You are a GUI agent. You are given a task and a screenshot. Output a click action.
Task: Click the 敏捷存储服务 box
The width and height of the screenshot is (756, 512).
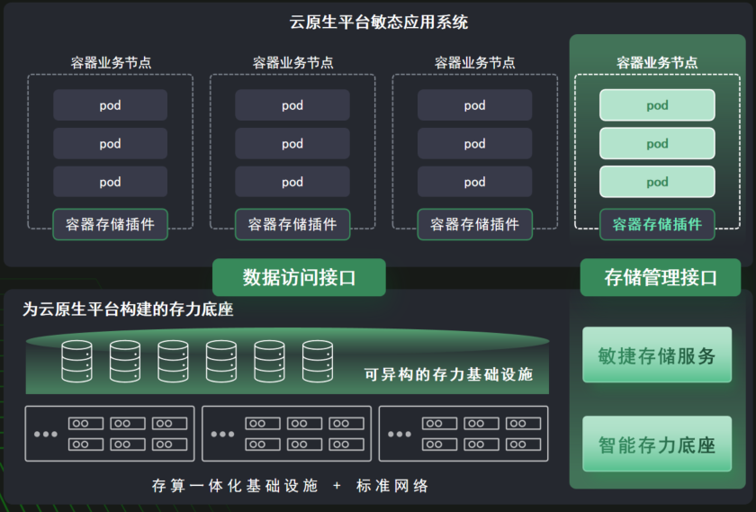tap(657, 355)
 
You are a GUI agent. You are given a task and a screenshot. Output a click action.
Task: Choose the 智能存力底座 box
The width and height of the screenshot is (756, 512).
tap(657, 444)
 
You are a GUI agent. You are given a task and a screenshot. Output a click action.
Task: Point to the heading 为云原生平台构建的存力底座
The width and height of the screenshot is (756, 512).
tap(128, 310)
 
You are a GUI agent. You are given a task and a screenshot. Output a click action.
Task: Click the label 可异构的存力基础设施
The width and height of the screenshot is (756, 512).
tap(448, 373)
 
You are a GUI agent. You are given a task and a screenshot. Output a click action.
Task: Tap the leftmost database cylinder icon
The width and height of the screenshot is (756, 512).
tap(76, 361)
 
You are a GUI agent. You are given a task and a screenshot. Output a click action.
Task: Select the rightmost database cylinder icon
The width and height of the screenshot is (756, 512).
tap(317, 361)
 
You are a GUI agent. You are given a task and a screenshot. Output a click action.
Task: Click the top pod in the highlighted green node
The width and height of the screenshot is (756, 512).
tap(657, 105)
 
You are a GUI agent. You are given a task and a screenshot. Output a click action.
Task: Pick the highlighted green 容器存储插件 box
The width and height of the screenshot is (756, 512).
tap(657, 224)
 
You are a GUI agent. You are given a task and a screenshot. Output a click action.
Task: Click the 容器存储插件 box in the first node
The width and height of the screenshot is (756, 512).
tap(110, 224)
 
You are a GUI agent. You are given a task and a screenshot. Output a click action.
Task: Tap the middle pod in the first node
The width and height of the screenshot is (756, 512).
tap(110, 144)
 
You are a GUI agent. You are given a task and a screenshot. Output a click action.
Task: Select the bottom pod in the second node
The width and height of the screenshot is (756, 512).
tap(292, 182)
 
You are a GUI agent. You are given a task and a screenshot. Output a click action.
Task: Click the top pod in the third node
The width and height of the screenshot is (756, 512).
tap(474, 105)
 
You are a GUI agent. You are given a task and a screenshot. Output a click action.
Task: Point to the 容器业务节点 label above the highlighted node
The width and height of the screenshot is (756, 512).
tap(657, 63)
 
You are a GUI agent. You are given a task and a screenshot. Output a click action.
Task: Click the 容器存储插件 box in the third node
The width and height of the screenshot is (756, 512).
tap(474, 224)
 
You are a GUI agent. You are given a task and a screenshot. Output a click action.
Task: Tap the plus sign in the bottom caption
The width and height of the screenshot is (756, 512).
tap(337, 486)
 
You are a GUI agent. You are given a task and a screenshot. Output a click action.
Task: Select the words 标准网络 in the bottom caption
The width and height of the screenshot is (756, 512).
tap(392, 486)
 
